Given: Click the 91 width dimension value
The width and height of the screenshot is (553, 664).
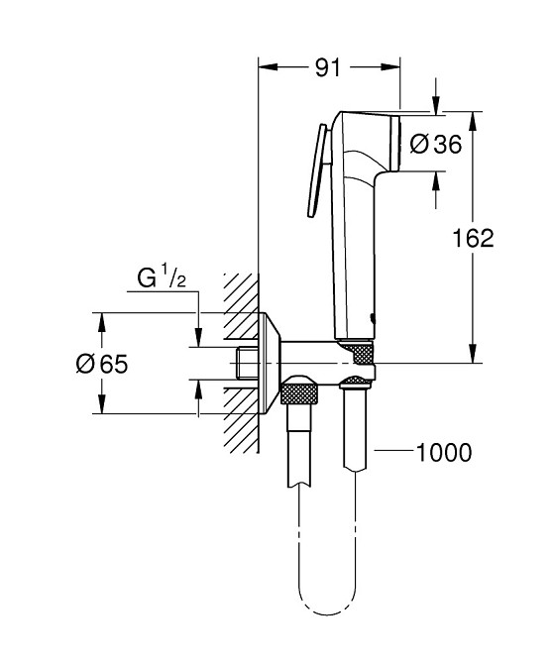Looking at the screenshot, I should pyautogui.click(x=328, y=68).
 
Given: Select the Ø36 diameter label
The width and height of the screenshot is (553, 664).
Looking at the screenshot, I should pyautogui.click(x=436, y=145).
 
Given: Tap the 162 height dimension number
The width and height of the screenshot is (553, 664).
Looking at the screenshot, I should pyautogui.click(x=473, y=238).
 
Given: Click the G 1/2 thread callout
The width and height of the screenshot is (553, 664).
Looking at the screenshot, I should pyautogui.click(x=160, y=280).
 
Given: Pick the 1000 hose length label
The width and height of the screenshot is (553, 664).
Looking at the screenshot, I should pyautogui.click(x=443, y=453).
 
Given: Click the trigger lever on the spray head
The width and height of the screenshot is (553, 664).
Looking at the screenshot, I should pyautogui.click(x=317, y=168).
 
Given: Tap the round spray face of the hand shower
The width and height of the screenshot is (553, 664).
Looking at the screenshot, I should pyautogui.click(x=396, y=144).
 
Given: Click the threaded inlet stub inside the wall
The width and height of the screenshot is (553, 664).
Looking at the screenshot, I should pyautogui.click(x=247, y=364).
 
